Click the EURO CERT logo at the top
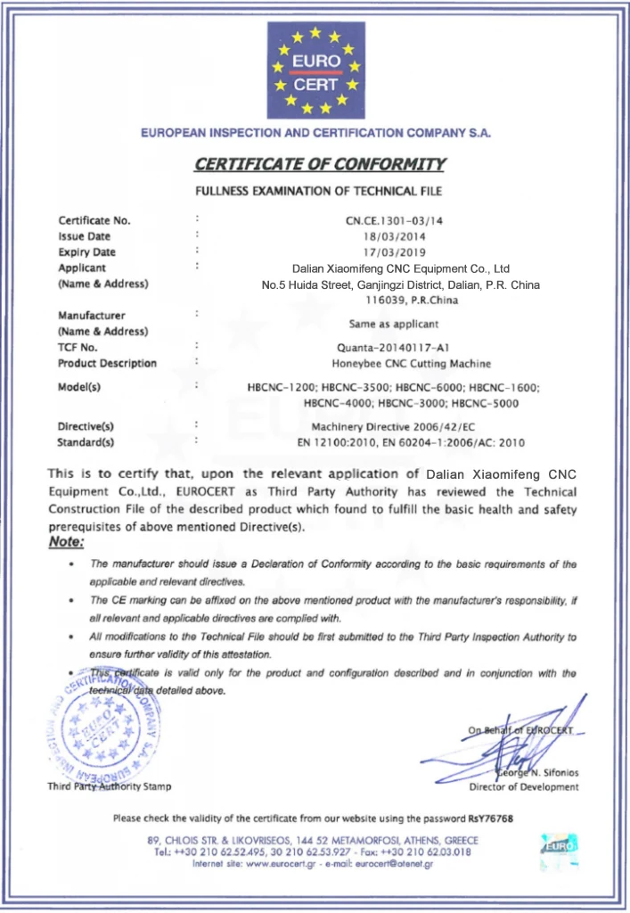(316, 71)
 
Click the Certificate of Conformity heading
(319, 164)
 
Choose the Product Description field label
(107, 364)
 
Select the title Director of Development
(524, 787)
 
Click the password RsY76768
(491, 818)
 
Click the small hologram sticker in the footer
(559, 849)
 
